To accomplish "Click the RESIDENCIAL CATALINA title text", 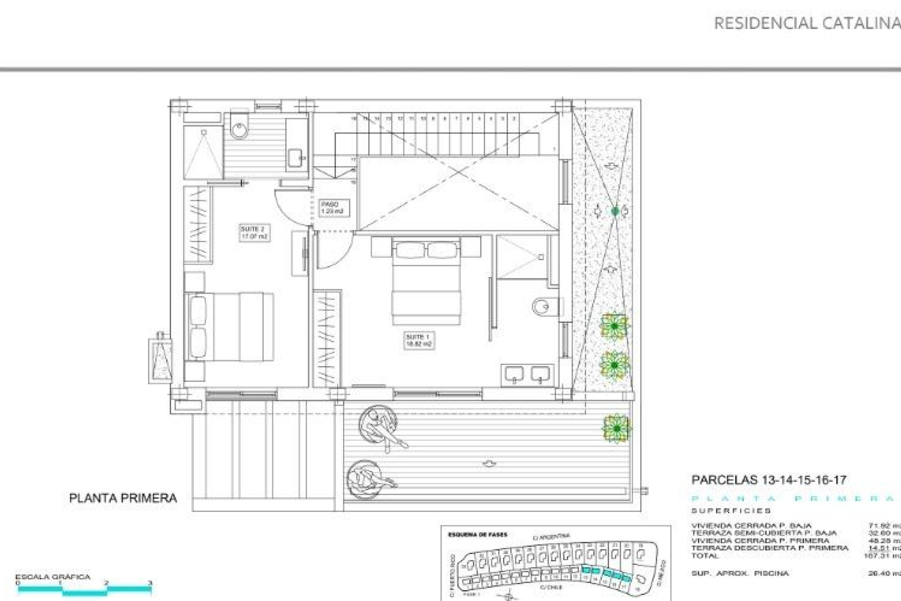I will [806, 23].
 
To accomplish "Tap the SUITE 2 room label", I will [254, 233].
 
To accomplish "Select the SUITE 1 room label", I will [419, 340].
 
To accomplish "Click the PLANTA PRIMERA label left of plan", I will [123, 498].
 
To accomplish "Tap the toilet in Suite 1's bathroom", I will [544, 307].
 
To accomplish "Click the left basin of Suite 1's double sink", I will [514, 374].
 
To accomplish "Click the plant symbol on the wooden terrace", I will [617, 428].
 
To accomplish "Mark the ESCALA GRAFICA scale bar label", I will [53, 577].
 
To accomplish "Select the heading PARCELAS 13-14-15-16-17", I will [769, 480].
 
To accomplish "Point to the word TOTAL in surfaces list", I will [704, 556].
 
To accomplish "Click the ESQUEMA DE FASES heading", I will [477, 534].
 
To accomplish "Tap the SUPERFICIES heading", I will [731, 510].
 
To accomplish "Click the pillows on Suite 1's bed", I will [426, 250].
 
